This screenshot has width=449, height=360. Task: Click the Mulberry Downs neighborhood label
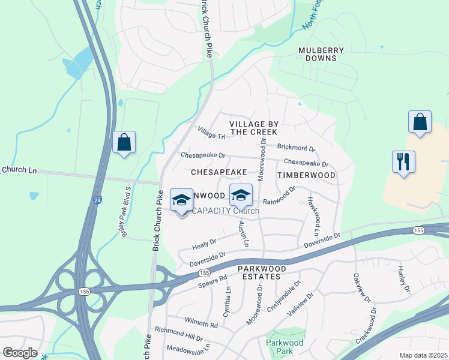(x=321, y=55)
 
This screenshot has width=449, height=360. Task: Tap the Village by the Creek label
(x=253, y=128)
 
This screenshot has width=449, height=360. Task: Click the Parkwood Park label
(x=279, y=347)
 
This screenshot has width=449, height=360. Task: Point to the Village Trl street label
(x=211, y=133)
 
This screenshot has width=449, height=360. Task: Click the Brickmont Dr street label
(x=296, y=147)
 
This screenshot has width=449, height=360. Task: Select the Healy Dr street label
(x=203, y=243)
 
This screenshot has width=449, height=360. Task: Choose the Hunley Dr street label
(x=403, y=280)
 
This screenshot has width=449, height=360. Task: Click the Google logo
(x=20, y=353)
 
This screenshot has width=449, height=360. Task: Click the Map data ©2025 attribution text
(x=423, y=355)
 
